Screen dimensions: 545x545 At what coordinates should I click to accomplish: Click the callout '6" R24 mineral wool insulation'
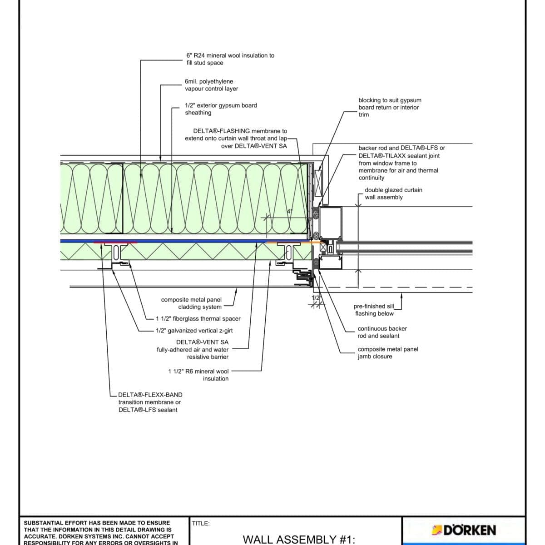[230, 59]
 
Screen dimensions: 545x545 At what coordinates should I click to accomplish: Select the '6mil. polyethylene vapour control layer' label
[211, 85]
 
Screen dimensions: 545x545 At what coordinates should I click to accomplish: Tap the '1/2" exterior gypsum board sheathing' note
[221, 109]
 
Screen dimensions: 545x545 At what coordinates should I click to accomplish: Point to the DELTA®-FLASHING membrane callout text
[236, 139]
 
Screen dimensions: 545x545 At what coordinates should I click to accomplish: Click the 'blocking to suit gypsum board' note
[390, 107]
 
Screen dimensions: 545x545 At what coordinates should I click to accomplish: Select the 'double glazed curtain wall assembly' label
[393, 193]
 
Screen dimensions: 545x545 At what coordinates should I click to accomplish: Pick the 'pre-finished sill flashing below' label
[374, 310]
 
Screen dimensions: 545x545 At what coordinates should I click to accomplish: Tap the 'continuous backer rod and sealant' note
[382, 332]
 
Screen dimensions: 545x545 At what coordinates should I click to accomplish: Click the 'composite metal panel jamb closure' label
[387, 353]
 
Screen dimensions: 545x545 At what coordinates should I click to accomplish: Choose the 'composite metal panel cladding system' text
[191, 303]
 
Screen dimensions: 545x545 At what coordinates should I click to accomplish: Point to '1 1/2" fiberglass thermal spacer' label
[198, 319]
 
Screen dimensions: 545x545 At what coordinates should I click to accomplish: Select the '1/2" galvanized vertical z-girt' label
[194, 331]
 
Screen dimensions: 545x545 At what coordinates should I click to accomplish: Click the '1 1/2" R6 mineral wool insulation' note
[198, 375]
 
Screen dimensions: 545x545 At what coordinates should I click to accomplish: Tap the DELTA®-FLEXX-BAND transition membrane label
[150, 402]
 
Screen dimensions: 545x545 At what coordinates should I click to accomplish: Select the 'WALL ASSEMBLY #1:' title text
[298, 539]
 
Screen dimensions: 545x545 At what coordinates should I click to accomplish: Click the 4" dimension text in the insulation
[289, 212]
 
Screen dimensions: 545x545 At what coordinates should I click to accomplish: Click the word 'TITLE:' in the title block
[201, 524]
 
